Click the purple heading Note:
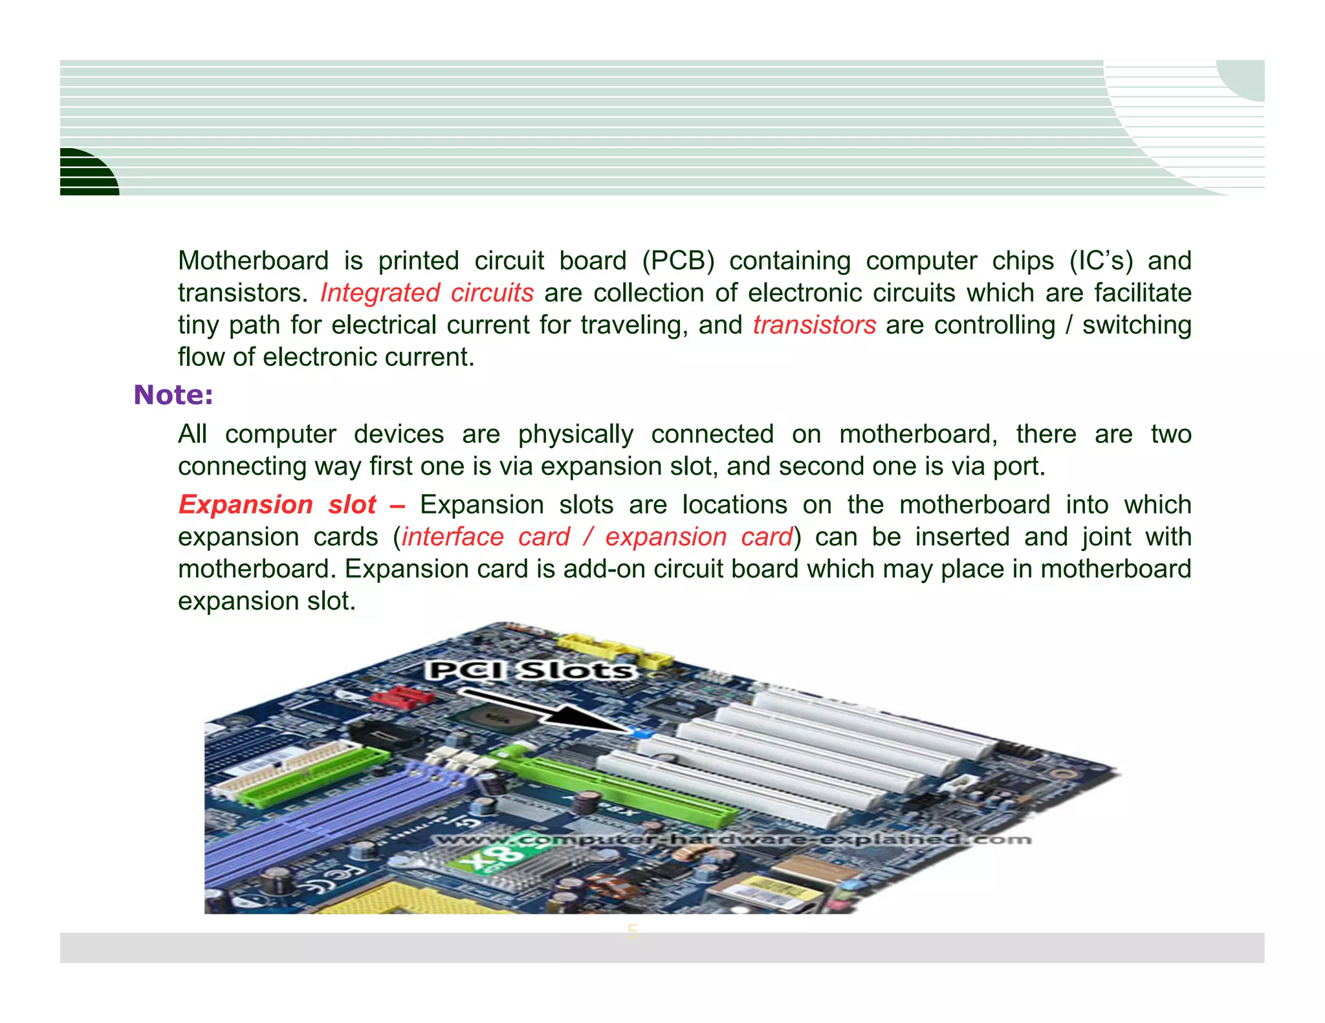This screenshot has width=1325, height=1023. click(x=173, y=395)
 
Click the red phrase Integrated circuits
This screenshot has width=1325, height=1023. click(x=427, y=293)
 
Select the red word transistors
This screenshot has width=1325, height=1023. click(x=814, y=325)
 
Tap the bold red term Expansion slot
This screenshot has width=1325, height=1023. click(x=277, y=505)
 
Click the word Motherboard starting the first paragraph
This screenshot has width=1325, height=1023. click(x=253, y=261)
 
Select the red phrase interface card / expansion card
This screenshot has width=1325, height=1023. click(x=597, y=537)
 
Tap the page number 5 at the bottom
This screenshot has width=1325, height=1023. click(x=632, y=932)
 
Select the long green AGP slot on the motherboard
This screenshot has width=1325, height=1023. click(x=621, y=789)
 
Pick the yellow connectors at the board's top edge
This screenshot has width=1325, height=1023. click(x=615, y=650)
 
